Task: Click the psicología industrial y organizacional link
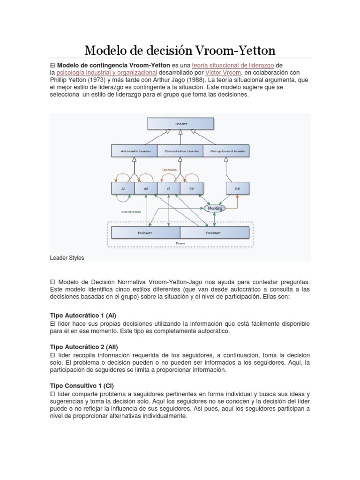tap(106, 73)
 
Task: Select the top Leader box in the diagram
tap(180, 124)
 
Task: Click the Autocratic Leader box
tap(134, 151)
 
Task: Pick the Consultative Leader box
tap(180, 151)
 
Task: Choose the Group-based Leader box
tap(226, 151)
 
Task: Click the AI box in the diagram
tap(123, 188)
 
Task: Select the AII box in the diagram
tap(146, 188)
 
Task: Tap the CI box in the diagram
tap(169, 188)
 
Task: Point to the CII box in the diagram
tap(192, 188)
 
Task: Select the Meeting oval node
tap(215, 208)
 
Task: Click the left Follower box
tap(145, 232)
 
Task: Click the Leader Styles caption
tap(67, 258)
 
